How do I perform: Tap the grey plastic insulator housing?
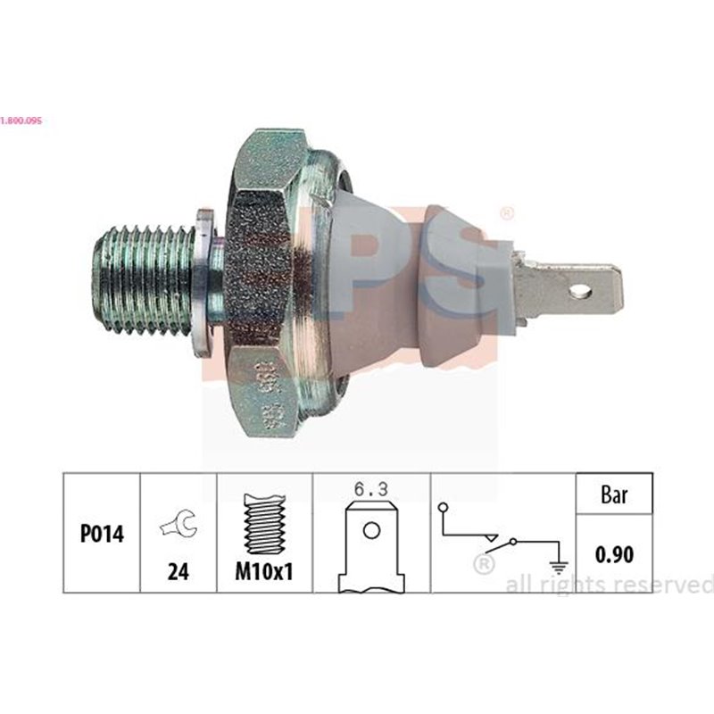point(402,286)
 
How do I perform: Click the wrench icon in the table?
point(178,527)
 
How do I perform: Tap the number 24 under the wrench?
point(178,573)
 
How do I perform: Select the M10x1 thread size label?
point(264,573)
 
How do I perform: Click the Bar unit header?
point(613,494)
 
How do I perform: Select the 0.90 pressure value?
point(613,554)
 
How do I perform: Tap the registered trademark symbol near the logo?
point(507,212)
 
